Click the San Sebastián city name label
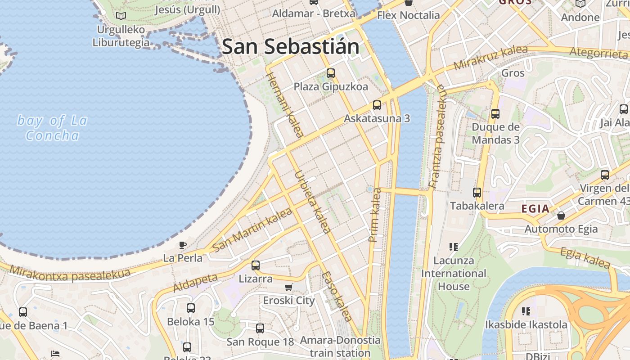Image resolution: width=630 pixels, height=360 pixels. click(x=291, y=46)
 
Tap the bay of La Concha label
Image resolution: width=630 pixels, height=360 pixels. click(x=52, y=128)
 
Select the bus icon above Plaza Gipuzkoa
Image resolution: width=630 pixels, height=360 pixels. click(x=331, y=73)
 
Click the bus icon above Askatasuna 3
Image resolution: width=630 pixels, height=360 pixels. click(x=377, y=105)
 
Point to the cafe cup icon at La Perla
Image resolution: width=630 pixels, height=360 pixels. click(x=182, y=245)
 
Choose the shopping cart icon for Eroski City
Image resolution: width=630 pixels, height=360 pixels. click(x=289, y=287)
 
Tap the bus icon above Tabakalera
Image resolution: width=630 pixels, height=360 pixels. click(x=477, y=193)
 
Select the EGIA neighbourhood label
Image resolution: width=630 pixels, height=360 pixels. click(x=535, y=209)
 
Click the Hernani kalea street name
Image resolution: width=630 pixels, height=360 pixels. click(x=285, y=104)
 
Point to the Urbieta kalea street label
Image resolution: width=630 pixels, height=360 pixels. click(x=313, y=202)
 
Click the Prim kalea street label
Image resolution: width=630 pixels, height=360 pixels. click(x=375, y=216)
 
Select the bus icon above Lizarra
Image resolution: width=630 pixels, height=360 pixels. click(x=256, y=265)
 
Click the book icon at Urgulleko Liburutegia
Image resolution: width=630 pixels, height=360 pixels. click(x=121, y=16)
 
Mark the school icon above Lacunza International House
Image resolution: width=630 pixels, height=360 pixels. click(x=454, y=247)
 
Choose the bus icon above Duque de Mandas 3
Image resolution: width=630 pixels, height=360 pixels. click(x=495, y=114)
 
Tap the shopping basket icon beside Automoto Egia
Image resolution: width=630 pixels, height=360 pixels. click(x=561, y=216)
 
